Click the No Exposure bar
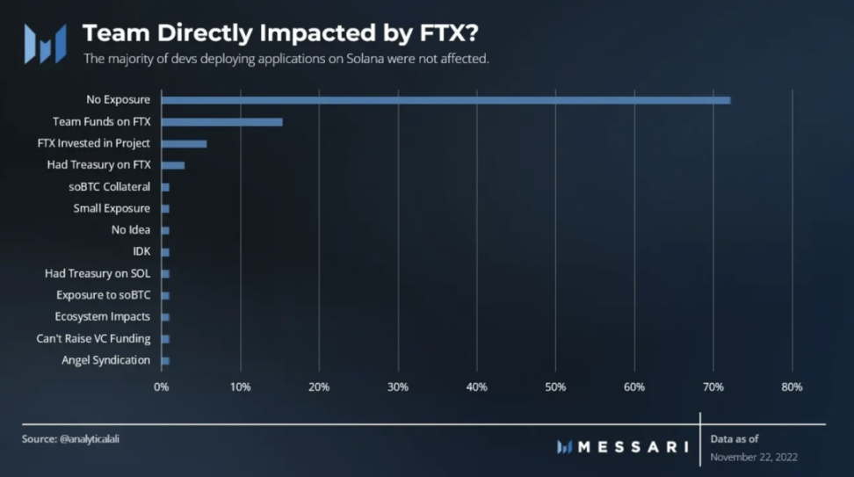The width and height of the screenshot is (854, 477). click(445, 100)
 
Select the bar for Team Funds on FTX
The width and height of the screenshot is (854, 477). click(222, 122)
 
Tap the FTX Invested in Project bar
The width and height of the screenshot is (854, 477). click(184, 143)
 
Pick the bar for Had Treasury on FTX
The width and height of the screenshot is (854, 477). click(173, 165)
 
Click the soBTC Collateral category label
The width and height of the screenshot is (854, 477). click(109, 187)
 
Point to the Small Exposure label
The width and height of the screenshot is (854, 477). click(112, 208)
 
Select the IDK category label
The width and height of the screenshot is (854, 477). click(141, 251)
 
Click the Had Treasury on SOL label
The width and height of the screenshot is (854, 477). click(98, 273)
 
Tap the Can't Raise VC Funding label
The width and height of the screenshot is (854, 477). click(93, 338)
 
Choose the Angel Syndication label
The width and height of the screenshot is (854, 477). click(105, 360)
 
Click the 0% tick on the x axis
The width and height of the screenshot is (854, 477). click(162, 387)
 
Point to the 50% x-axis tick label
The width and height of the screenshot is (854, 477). click(555, 387)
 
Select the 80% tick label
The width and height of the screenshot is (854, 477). click(792, 387)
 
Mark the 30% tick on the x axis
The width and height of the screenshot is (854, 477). click(398, 387)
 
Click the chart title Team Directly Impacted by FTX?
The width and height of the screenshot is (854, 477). click(281, 33)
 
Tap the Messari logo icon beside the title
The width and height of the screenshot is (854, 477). click(45, 43)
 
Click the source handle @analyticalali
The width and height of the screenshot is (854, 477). click(90, 438)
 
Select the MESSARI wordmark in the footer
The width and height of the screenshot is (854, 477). click(632, 447)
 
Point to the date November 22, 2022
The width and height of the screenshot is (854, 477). click(753, 458)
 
